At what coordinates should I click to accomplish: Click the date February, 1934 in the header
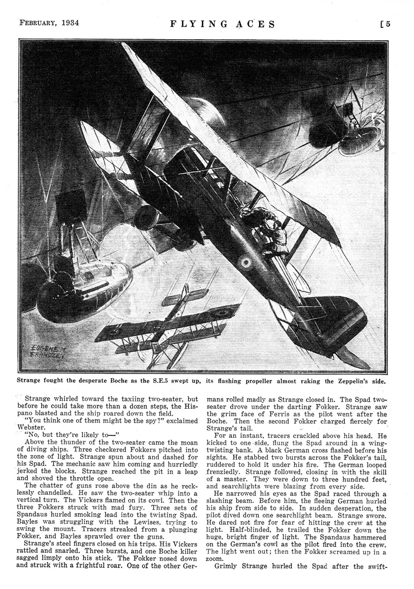pos(49,23)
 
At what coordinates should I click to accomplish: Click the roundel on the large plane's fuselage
pos(244,263)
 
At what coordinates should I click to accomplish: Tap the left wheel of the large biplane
pos(147,217)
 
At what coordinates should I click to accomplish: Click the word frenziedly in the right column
pos(225,470)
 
